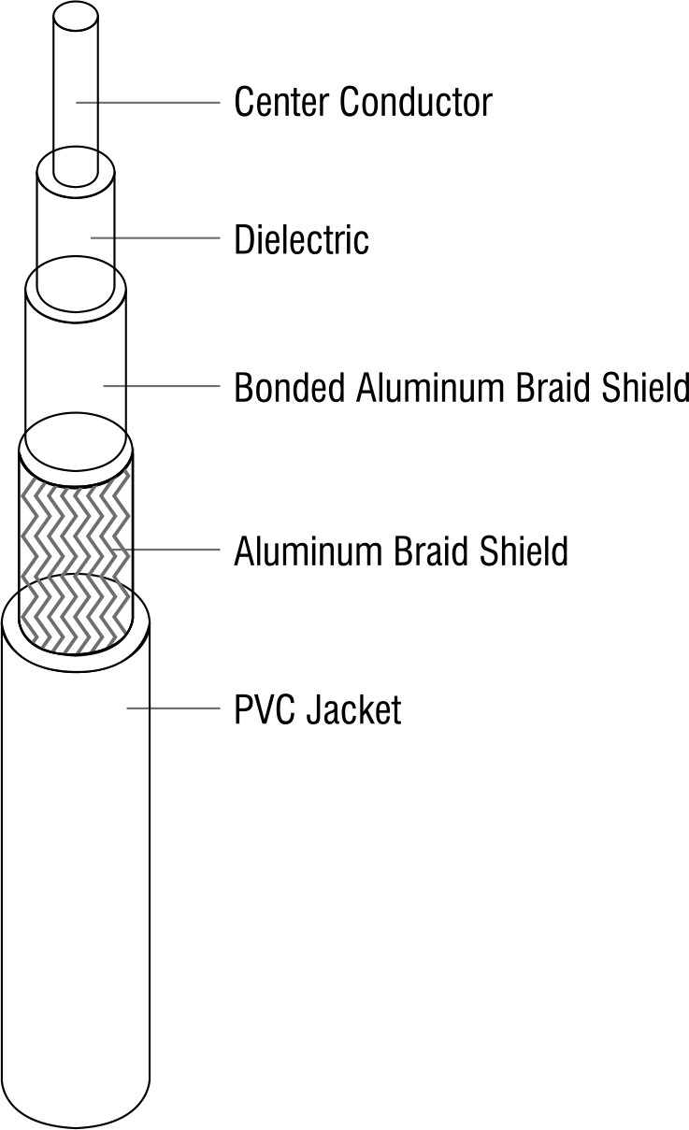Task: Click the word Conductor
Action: pyautogui.click(x=415, y=103)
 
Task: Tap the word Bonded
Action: pyautogui.click(x=290, y=387)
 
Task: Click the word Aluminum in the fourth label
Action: pyautogui.click(x=307, y=551)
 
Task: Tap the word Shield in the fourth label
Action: pyautogui.click(x=524, y=551)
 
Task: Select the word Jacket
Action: pyautogui.click(x=354, y=709)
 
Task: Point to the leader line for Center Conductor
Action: pyautogui.click(x=148, y=103)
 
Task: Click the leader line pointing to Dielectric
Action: pyautogui.click(x=155, y=237)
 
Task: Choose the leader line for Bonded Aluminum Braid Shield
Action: pyautogui.click(x=162, y=386)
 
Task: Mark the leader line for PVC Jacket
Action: pyautogui.click(x=173, y=708)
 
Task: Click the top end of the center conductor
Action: pyautogui.click(x=75, y=18)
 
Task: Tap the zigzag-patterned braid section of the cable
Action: pyautogui.click(x=76, y=545)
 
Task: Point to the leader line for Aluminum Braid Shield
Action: pyautogui.click(x=165, y=549)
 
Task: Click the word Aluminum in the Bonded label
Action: pyautogui.click(x=430, y=387)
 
